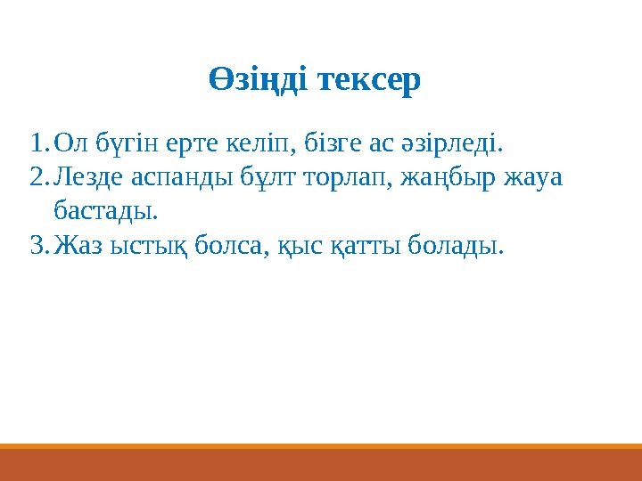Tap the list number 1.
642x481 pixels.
click(37, 142)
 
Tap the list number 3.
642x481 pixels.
click(37, 245)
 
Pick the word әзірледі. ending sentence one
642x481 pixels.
click(458, 142)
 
